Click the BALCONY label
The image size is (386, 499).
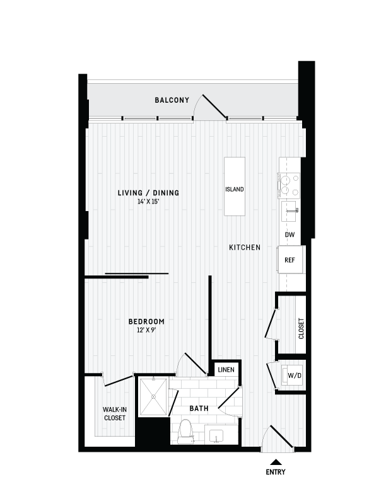click(x=172, y=100)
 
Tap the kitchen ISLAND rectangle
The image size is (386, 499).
click(x=235, y=187)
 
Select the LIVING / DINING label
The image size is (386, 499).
click(x=148, y=192)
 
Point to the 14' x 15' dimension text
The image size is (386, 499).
click(x=148, y=202)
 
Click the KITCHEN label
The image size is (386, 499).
click(x=245, y=248)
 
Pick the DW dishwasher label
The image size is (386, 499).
click(x=290, y=235)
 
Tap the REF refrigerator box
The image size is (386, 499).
click(x=290, y=260)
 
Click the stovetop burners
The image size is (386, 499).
click(x=290, y=183)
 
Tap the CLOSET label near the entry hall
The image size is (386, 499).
click(x=301, y=328)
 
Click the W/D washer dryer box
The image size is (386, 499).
click(x=294, y=376)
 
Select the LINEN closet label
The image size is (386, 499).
click(x=224, y=369)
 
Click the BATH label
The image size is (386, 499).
click(x=199, y=409)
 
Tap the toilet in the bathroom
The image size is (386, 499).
click(x=185, y=432)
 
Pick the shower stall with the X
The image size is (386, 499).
click(x=153, y=396)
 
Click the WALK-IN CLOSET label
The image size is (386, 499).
click(x=114, y=413)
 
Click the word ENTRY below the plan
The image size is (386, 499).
click(x=275, y=471)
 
